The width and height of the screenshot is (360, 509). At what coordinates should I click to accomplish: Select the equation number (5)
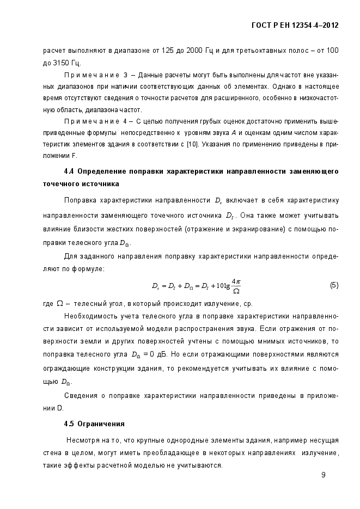tap(334, 285)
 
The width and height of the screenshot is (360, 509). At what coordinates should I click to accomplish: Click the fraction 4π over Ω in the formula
tap(236, 286)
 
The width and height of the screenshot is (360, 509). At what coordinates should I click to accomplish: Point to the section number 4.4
tap(69, 171)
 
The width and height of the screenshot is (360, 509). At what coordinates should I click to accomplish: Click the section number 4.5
tap(69, 423)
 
